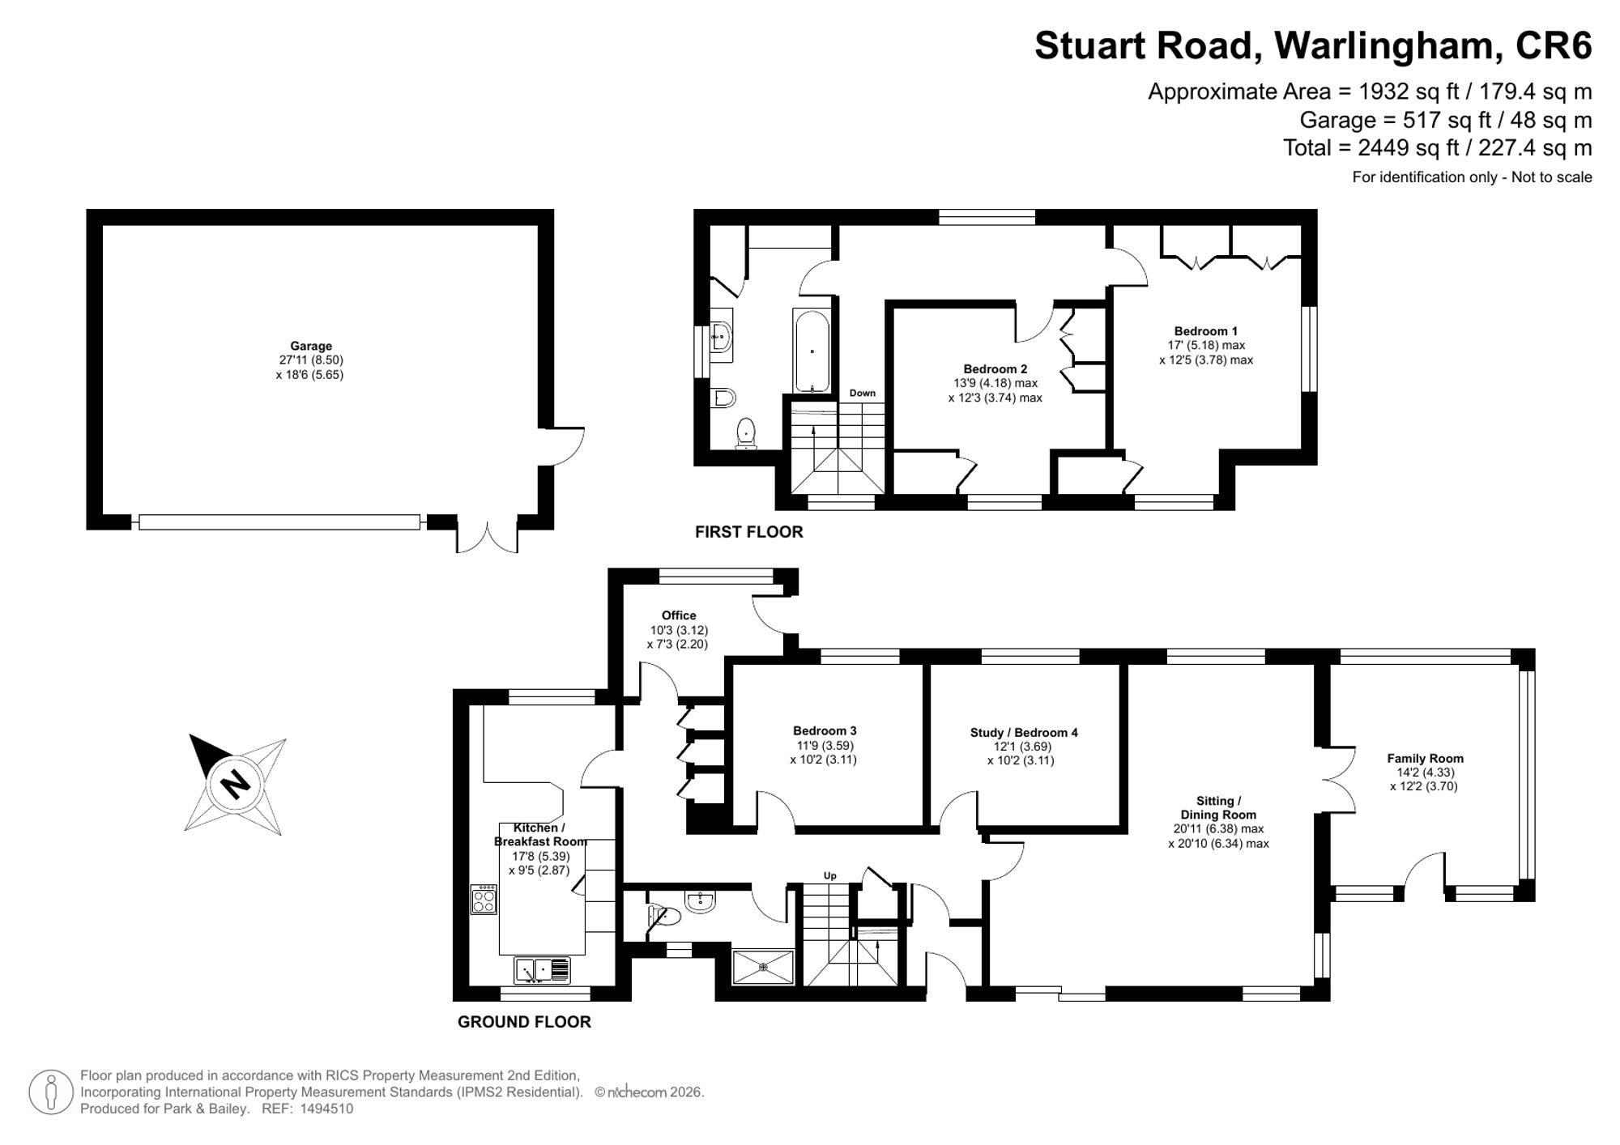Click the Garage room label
click(x=311, y=346)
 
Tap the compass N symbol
click(x=236, y=784)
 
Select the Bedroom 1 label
click(x=1206, y=330)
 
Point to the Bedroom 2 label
click(x=995, y=368)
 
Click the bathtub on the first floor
click(x=811, y=352)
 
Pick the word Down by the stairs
click(x=863, y=393)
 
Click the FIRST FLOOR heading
click(x=749, y=532)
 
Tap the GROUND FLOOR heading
click(x=524, y=1022)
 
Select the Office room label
click(x=679, y=615)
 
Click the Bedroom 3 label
click(x=825, y=730)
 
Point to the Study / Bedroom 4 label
click(x=1024, y=732)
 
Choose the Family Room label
click(x=1425, y=758)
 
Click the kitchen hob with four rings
click(x=484, y=900)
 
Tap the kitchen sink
click(x=542, y=969)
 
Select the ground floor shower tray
click(x=763, y=967)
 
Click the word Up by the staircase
click(x=829, y=875)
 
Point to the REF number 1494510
click(x=326, y=1109)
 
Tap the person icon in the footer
click(x=51, y=1092)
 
